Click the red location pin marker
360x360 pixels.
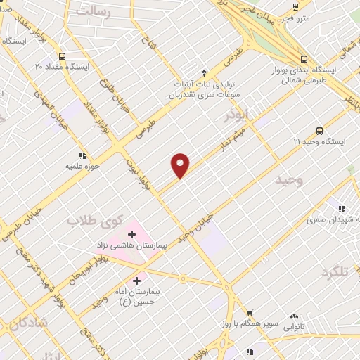pos(181,164)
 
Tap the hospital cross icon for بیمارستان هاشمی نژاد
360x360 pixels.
pos(131,234)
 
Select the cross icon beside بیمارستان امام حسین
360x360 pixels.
pos(136,281)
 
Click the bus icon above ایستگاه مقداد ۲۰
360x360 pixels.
pos(63,56)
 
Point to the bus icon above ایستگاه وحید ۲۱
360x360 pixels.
pos(320,131)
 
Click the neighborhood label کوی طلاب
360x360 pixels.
pos(91,221)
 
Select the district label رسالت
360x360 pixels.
pos(94,12)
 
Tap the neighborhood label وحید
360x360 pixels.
pos(289,180)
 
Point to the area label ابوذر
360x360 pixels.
pos(236,113)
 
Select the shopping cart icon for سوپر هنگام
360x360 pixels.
pos(249,314)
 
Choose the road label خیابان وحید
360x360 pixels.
pos(195,226)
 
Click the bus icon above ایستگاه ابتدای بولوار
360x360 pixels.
pos(304,60)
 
